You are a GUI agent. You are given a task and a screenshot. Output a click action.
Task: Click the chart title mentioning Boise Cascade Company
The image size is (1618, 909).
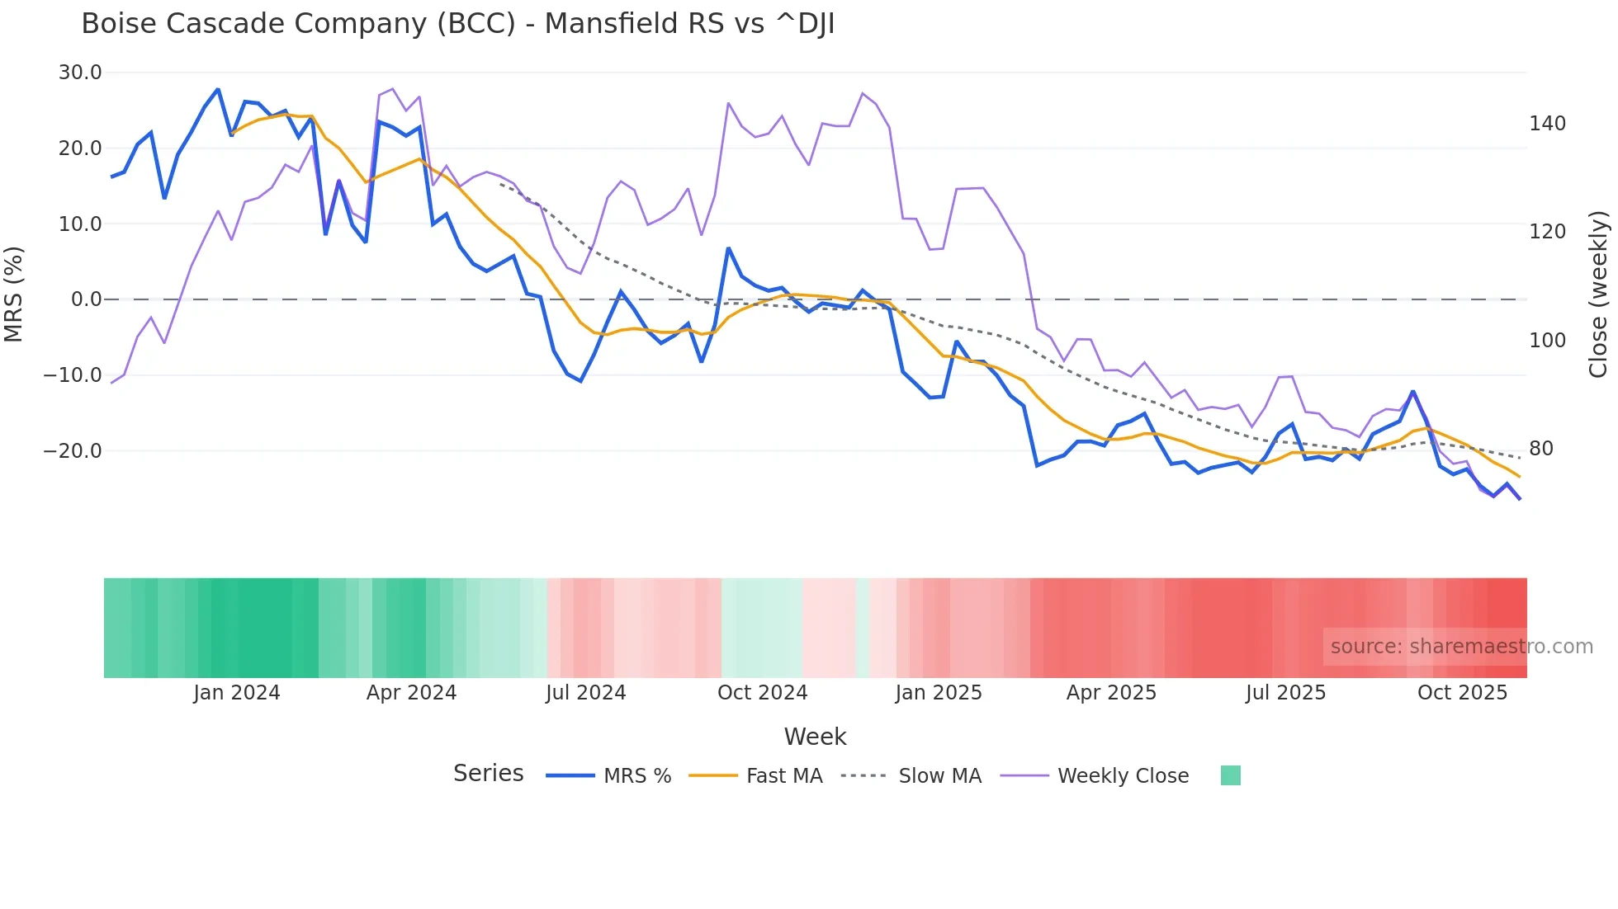[x=457, y=24]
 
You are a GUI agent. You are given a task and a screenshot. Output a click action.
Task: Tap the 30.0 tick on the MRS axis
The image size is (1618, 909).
[x=80, y=73]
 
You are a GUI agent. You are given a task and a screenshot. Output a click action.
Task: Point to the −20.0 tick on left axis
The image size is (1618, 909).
[x=73, y=451]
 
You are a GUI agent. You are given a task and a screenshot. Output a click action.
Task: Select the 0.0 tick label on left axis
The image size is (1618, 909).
[x=86, y=299]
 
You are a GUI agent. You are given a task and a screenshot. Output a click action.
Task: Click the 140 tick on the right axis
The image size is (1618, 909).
[x=1547, y=124]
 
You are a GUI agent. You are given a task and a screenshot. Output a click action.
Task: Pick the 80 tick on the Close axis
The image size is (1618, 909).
[x=1540, y=449]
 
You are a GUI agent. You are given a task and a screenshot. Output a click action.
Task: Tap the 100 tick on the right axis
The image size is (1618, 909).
[x=1547, y=341]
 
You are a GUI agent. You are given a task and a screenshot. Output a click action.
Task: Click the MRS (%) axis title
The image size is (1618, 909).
[x=14, y=294]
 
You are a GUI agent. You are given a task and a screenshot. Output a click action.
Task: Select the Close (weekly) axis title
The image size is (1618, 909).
[x=1598, y=294]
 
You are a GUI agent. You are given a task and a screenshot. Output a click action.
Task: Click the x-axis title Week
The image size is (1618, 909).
[x=815, y=737]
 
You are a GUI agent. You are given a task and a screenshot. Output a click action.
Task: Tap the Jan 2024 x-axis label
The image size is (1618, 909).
[x=237, y=693]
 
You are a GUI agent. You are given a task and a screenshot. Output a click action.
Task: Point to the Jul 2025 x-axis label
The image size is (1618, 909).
[x=1285, y=693]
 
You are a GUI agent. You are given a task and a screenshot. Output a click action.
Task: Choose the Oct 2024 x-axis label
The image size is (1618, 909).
[x=762, y=693]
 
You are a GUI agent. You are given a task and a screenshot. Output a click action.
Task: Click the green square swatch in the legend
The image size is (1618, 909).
[x=1230, y=775]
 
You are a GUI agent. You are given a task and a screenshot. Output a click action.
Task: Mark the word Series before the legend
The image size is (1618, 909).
[x=488, y=774]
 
